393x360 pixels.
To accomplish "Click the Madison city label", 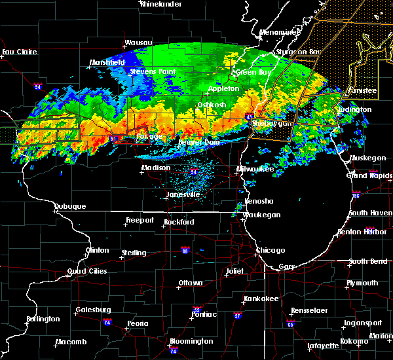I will (x=156, y=168).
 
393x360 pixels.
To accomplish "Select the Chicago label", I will (x=271, y=251).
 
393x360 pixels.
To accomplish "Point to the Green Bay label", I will (x=251, y=72).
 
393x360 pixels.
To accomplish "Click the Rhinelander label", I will (x=162, y=4).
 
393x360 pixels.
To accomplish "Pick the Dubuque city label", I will (x=70, y=207).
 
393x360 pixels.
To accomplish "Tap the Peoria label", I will (x=138, y=324).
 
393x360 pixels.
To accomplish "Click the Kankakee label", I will (x=261, y=298).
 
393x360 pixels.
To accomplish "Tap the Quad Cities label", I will (x=87, y=272).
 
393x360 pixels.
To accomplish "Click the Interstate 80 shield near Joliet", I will (x=185, y=250).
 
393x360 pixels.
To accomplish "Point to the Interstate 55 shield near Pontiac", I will (x=197, y=310).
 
